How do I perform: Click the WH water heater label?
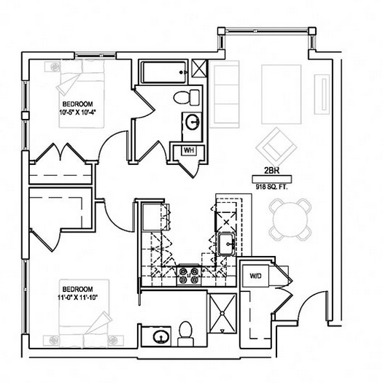pos(189,150)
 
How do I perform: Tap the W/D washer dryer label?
pos(255,276)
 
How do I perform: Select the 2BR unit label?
pos(271,171)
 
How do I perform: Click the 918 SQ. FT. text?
pos(271,187)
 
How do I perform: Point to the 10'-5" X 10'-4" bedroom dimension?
pos(77,112)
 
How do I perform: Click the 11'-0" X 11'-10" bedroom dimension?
pos(77,298)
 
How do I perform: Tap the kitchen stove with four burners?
pos(189,275)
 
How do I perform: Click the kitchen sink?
pos(227,244)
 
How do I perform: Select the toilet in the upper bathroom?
pos(187,98)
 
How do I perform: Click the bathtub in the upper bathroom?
pos(164,72)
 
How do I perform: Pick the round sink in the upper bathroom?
pos(193,122)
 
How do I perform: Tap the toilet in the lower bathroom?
pos(185,333)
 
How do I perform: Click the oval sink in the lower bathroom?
pos(160,336)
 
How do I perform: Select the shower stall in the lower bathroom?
pos(222,314)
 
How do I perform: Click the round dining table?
pos(290,220)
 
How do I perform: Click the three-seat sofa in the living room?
pos(224,94)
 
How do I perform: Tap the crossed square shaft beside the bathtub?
pos(199,69)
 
